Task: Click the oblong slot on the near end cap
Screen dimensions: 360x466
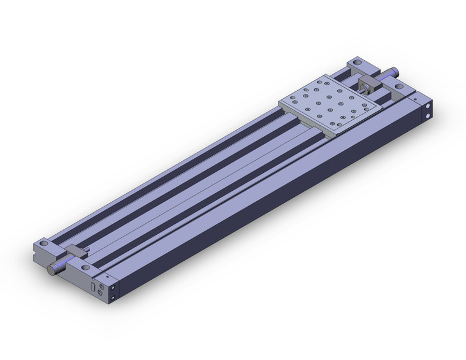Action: pos(93,286)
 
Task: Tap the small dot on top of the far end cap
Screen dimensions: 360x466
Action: pos(415,98)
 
